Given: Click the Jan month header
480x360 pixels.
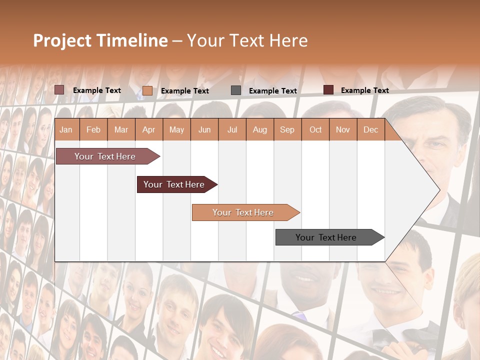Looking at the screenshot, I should pos(66,129).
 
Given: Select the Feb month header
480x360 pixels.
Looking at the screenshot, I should pos(93,129).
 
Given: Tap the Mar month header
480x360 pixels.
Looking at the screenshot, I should pos(121,129).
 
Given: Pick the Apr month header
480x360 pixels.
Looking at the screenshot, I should pos(149,129).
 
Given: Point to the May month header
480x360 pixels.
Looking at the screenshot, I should pos(176,129).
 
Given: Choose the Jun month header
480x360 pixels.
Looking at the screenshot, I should pos(204,129).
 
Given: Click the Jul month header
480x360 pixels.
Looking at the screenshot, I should pos(232,129).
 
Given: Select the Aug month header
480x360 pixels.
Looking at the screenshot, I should pos(260,129).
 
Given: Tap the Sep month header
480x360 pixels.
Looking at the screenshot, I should pos(287,129).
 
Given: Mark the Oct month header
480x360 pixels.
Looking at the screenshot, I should pos(315,129).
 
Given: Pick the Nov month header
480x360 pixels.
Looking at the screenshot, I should pos(343,129).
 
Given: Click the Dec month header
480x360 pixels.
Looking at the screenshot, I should pos(370,129).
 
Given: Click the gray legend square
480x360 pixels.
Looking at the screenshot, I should pos(236,90).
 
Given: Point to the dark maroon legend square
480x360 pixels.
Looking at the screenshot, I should pos(328,90).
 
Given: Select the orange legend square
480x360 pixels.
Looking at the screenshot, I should pos(147,90).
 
